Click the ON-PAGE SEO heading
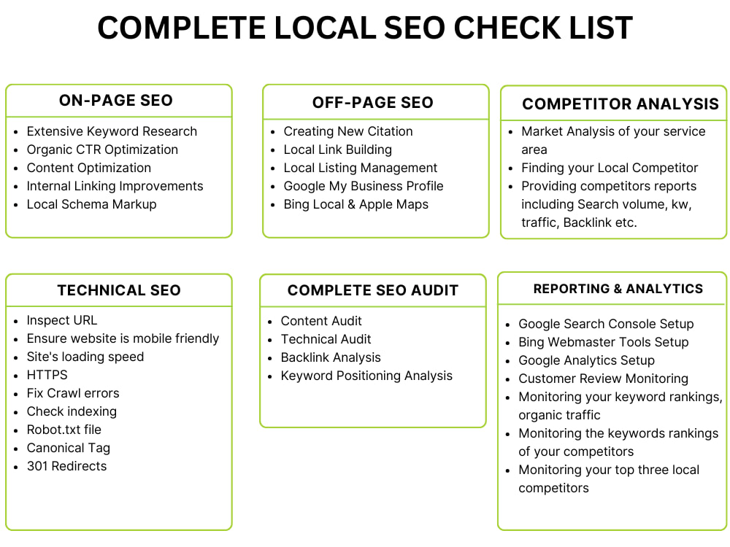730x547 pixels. tap(116, 101)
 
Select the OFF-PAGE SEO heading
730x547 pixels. tap(373, 102)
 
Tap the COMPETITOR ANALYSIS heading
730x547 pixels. tap(620, 104)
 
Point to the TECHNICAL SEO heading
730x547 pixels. tap(119, 290)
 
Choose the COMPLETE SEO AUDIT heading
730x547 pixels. tap(373, 290)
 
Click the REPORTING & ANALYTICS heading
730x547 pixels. tap(618, 289)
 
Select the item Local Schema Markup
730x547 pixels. tap(92, 205)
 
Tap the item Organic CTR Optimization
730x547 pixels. tap(102, 150)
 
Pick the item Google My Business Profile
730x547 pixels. tap(364, 187)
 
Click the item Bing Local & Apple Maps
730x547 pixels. tap(356, 205)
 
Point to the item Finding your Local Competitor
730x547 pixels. tap(610, 168)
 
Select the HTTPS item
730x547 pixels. tap(47, 375)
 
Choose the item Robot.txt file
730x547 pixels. tap(64, 430)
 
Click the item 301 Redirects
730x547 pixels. tap(67, 466)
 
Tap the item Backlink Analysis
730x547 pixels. tap(331, 357)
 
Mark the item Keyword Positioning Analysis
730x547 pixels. tap(367, 376)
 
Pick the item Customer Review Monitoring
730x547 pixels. tap(604, 379)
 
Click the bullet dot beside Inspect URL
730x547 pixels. tap(16, 322)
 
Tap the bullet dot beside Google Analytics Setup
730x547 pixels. tap(508, 362)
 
